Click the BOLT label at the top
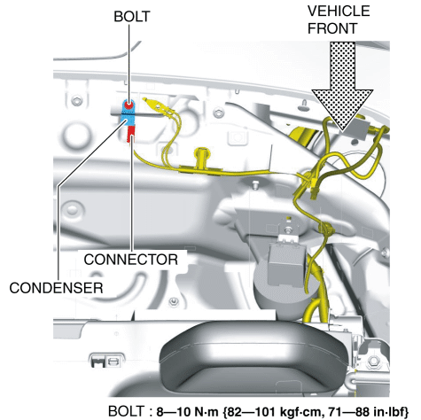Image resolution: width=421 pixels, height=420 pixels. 132,17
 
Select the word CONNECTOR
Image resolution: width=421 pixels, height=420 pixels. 131,260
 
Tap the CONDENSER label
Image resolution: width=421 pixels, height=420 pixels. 56,288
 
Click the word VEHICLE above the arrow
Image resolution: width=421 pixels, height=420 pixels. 339,12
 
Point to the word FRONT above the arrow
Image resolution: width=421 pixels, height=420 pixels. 332,28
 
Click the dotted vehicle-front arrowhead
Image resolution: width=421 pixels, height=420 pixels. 342,110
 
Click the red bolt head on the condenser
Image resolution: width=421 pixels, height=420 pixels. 129,105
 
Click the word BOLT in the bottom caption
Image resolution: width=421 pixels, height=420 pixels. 126,411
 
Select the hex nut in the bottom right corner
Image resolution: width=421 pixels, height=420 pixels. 373,360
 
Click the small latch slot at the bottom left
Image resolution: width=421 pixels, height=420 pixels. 105,361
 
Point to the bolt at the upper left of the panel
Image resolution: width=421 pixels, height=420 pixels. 77,102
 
